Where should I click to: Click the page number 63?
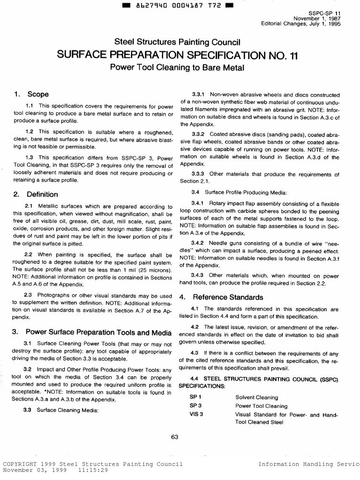(175, 437)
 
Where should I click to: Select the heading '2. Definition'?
(36, 194)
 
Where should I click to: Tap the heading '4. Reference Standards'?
(222, 297)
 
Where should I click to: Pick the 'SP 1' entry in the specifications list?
(195, 397)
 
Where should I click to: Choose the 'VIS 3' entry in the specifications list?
(196, 414)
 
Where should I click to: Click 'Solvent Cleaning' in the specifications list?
(256, 397)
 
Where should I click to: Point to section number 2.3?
(31, 296)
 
